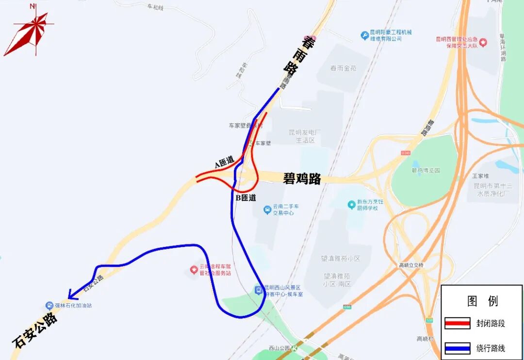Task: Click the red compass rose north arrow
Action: point(30,30)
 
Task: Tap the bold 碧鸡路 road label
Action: point(302,179)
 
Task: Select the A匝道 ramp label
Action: point(224,163)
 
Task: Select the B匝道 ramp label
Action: point(246,198)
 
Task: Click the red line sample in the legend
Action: point(457,323)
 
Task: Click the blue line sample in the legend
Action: point(457,348)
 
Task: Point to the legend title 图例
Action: point(482,301)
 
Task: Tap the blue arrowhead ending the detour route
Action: point(71,295)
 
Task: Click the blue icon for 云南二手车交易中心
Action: point(267,210)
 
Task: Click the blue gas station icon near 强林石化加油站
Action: point(49,306)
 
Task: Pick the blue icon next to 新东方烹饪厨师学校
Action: point(351,205)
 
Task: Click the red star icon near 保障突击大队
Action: point(483,42)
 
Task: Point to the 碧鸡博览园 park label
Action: point(426,170)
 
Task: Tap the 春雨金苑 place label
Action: point(343,68)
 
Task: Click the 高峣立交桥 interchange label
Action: point(411,265)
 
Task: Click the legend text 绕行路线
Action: point(491,348)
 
